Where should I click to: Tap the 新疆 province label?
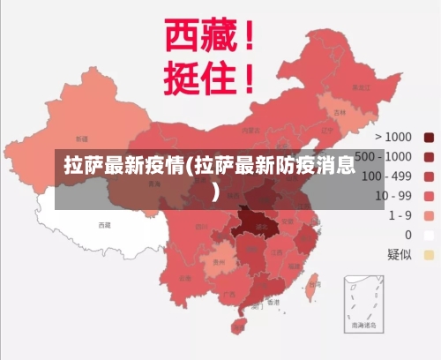(82, 139)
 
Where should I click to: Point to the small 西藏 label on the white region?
(105, 225)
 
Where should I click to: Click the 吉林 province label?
(340, 113)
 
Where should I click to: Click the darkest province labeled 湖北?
(261, 227)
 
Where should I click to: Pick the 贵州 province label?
(219, 262)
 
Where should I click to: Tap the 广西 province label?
(229, 294)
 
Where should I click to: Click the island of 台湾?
(316, 285)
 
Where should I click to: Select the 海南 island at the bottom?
(238, 326)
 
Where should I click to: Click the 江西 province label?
(278, 252)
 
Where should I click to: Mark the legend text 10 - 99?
(393, 195)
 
